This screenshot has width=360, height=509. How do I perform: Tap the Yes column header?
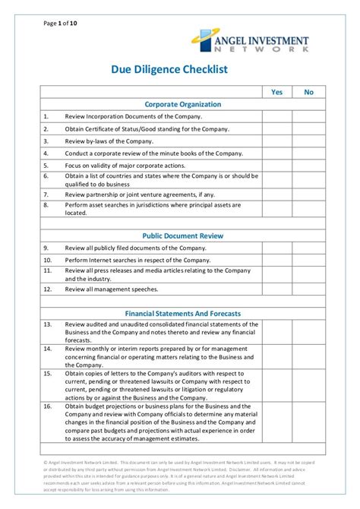tap(277, 92)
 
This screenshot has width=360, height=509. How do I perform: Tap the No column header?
tap(308, 92)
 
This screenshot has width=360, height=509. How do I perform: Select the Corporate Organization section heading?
tap(183, 104)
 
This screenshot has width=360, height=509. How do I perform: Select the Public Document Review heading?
tap(183, 236)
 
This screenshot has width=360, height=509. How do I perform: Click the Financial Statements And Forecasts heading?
tap(183, 313)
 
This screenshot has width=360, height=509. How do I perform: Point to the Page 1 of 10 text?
tap(60, 24)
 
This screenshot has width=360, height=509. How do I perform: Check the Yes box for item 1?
tap(277, 116)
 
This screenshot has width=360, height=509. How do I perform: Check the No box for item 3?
tap(308, 141)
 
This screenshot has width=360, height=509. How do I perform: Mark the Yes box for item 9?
tap(277, 248)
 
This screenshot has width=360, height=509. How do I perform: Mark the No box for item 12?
tap(308, 289)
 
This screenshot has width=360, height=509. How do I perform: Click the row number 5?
tap(46, 166)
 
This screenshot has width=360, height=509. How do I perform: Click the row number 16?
tap(47, 406)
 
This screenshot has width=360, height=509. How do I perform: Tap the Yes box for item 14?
tap(277, 356)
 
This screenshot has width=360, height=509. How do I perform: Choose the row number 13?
tap(47, 324)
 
